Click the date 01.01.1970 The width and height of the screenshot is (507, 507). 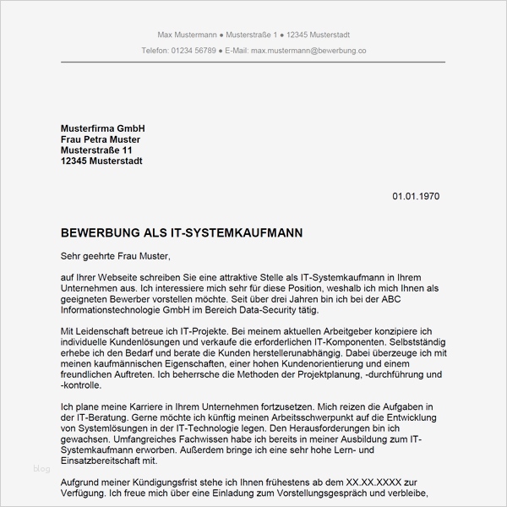pos(416,197)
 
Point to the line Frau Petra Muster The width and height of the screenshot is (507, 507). pos(101,139)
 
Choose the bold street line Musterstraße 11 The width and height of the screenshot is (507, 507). pos(97,150)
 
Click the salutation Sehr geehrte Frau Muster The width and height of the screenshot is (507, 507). pos(116,255)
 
